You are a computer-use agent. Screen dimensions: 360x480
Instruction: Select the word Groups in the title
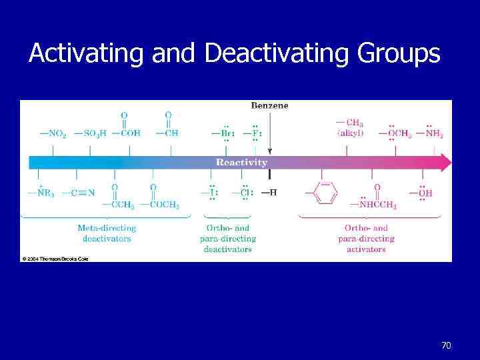pos(405,53)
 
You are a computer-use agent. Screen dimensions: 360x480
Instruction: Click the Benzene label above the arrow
pos(269,105)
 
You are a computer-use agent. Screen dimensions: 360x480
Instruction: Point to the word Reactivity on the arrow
pos(242,162)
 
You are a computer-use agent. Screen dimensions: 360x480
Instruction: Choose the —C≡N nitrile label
pos(79,193)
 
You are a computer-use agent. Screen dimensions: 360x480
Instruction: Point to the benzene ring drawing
pos(325,194)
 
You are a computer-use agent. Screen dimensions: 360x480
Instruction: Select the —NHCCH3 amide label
pos(377,205)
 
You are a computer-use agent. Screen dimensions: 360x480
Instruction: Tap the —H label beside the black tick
pos(269,193)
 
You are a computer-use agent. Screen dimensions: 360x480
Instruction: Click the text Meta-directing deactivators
pos(107,233)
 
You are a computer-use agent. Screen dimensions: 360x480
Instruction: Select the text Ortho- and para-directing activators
pos(366,238)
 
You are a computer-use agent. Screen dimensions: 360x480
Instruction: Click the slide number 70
pos(446,345)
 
